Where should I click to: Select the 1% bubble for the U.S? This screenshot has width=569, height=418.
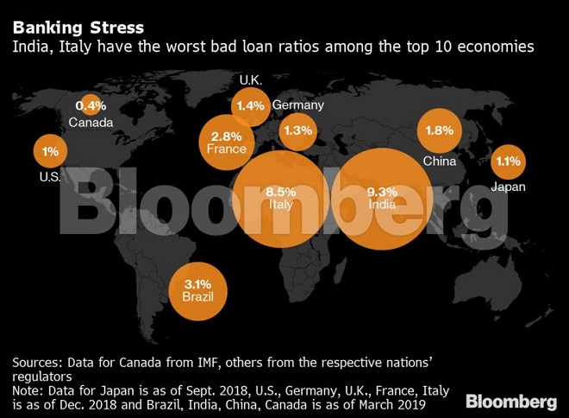[50, 151]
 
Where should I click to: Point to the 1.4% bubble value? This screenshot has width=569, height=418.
[250, 106]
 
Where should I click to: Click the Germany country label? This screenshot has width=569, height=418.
[297, 105]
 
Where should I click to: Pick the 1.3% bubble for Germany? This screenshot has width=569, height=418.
[297, 130]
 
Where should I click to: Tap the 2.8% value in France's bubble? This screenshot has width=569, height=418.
[227, 136]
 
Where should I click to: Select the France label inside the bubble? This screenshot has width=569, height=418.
[227, 149]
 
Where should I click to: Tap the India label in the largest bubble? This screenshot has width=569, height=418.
[381, 205]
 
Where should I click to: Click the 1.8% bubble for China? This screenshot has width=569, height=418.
[440, 131]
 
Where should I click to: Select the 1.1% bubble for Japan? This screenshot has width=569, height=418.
[509, 161]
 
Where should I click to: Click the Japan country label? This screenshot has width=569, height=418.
[508, 187]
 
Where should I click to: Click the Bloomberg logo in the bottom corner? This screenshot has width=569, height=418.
[512, 402]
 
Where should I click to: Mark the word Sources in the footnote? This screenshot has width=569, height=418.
[37, 360]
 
